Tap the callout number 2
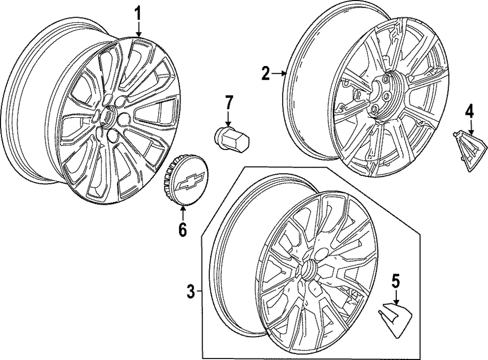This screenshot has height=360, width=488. click(265, 74)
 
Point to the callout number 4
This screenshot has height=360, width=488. click(469, 111)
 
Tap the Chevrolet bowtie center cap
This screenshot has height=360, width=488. click(185, 181)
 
